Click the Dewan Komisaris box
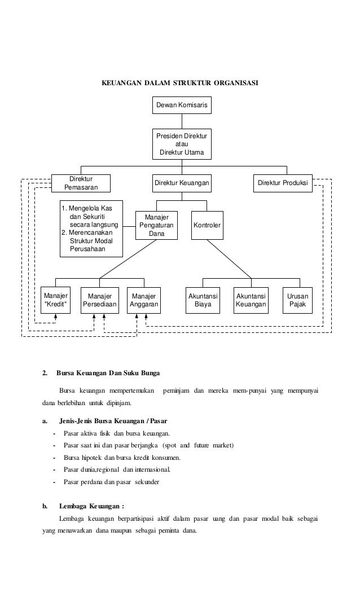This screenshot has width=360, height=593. pos(182,105)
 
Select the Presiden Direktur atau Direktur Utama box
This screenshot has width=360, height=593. pos(182,144)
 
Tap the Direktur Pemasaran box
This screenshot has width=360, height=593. pos(81,183)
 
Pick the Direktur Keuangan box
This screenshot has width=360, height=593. pos(182,183)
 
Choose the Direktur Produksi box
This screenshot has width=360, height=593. pos(283,183)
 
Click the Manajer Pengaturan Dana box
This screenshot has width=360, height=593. pos(156,225)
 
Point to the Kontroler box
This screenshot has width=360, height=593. pos(207,225)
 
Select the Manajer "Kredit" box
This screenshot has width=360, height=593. pos(56,300)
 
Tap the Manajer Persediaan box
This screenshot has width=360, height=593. pos(100,300)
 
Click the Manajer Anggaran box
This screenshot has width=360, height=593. pos(144,300)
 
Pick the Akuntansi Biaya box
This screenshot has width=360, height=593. pos(203,300)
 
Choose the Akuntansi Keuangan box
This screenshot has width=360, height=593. pos(251,300)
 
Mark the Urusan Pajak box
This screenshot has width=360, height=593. pos(297,300)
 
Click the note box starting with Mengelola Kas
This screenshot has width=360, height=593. pos(91,229)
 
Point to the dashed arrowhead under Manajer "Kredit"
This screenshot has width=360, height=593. pos(56,317)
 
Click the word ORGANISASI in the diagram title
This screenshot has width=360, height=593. pos(236,83)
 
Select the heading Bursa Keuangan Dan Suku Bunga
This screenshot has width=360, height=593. pos(108,373)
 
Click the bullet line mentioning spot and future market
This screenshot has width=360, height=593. pos(148,445)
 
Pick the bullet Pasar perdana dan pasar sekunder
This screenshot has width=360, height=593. pos(112,482)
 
